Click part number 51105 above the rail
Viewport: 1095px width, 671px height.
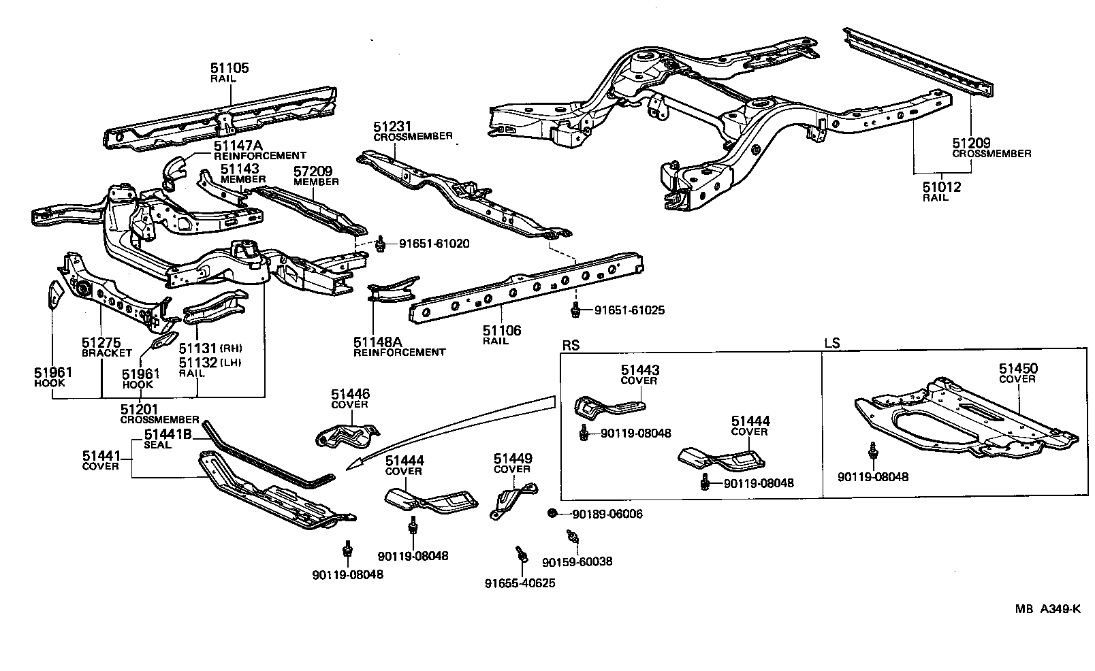(229, 68)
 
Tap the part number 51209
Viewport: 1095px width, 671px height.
(971, 144)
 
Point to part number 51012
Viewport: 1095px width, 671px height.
(942, 187)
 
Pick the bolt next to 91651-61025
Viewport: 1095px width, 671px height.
(577, 310)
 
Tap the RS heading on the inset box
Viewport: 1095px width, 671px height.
(571, 344)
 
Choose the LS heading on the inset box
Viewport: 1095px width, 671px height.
(831, 344)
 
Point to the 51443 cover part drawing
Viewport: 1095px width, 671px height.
(606, 408)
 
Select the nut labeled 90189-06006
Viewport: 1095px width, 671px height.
(553, 512)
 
